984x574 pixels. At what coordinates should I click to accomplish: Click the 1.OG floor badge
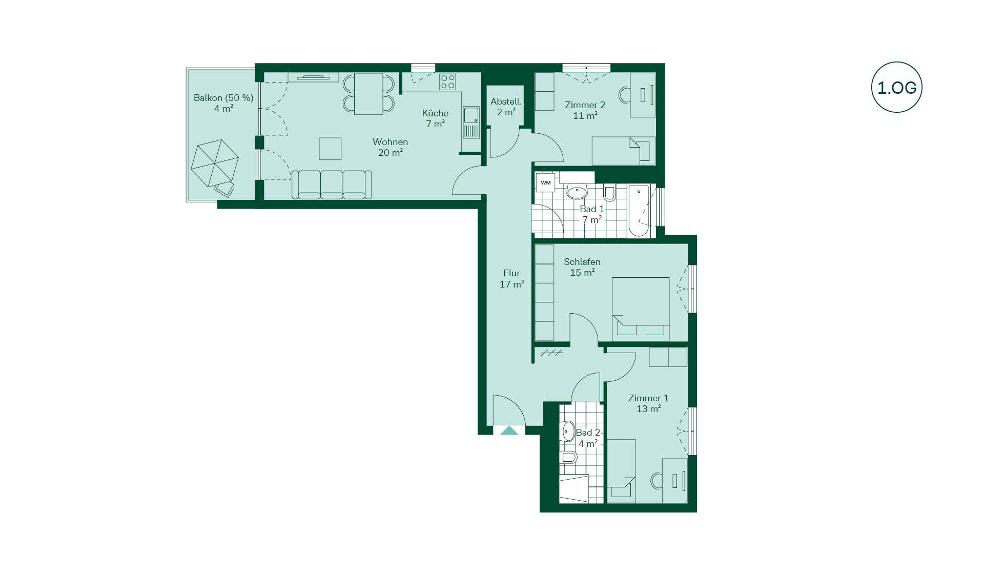point(896,87)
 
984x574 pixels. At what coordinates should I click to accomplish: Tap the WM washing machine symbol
point(545,182)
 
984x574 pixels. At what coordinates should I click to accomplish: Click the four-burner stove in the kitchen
point(447,82)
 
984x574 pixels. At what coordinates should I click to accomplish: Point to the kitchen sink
point(471,122)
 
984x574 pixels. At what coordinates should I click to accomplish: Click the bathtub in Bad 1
point(639,211)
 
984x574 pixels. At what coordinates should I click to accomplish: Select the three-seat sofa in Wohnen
point(332,184)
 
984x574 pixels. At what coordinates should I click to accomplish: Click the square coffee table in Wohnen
point(330,149)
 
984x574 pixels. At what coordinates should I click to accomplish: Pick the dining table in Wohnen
point(368,94)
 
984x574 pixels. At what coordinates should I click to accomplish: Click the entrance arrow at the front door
point(509,430)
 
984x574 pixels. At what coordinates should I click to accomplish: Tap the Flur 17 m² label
point(511,278)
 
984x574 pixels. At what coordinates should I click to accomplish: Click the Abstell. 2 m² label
point(506,107)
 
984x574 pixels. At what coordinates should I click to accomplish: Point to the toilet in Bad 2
point(568,457)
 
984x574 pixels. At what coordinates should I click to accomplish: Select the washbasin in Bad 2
point(568,431)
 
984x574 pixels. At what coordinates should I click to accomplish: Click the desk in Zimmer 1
point(674,480)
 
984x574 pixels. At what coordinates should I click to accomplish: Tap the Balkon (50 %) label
point(223,98)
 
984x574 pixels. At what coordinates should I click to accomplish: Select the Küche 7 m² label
point(435,118)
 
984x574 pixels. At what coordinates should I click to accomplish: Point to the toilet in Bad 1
point(609,193)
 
